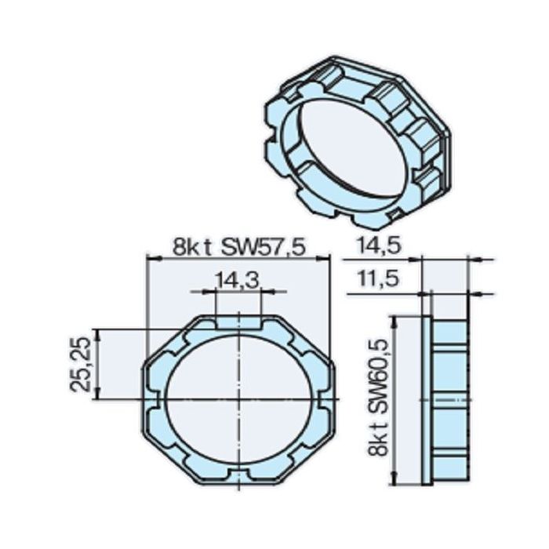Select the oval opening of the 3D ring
point(345,149)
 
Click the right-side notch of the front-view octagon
point(329,400)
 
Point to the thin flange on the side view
point(427,400)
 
